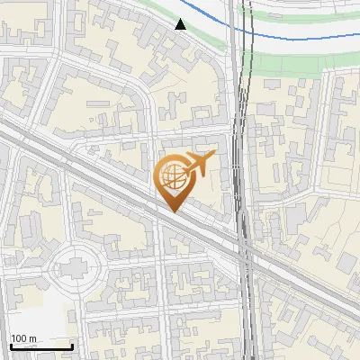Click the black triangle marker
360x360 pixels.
181,24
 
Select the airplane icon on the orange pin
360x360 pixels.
199,163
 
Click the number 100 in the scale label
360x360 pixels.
20,338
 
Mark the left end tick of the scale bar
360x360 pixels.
11,346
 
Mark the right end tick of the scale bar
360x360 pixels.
71,346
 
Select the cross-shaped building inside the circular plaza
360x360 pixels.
76,265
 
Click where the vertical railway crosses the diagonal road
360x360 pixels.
243,247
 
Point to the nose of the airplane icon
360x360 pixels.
213,157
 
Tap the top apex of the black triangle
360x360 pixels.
181,19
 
